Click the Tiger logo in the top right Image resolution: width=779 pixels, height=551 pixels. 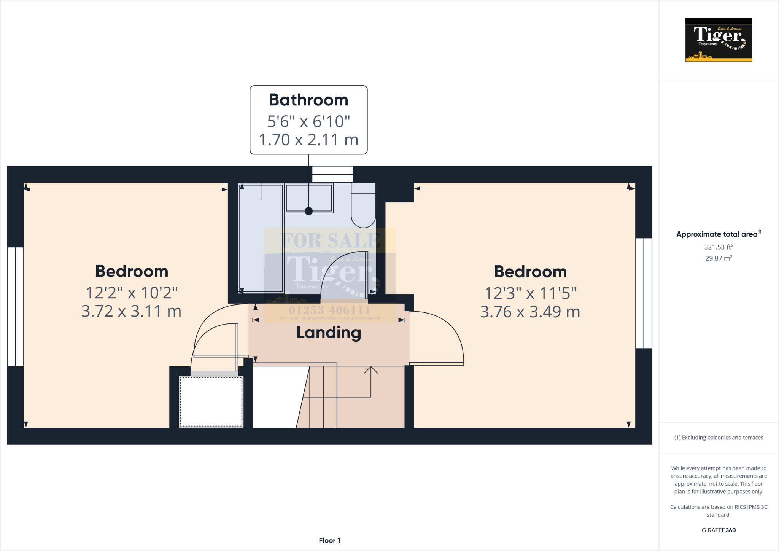click(x=719, y=40)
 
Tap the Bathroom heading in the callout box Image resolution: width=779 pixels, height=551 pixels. click(x=308, y=100)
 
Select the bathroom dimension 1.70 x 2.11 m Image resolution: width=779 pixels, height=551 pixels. click(x=308, y=140)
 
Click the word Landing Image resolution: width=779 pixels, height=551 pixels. click(x=329, y=333)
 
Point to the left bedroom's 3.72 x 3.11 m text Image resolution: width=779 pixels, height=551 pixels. click(x=131, y=311)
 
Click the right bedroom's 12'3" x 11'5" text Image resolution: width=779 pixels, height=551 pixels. click(x=530, y=293)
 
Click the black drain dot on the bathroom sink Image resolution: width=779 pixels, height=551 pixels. click(x=309, y=211)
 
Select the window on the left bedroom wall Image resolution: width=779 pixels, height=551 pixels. click(x=16, y=306)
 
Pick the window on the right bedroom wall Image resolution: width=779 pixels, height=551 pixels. click(x=644, y=293)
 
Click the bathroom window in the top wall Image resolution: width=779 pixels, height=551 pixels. click(x=332, y=175)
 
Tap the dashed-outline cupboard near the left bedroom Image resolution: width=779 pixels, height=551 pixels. click(x=211, y=401)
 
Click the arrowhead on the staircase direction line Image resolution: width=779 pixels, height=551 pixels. click(x=371, y=369)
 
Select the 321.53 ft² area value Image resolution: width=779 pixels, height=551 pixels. click(x=718, y=247)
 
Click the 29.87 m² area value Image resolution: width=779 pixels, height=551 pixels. click(x=718, y=258)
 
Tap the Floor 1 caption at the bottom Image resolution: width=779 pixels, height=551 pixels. click(x=329, y=540)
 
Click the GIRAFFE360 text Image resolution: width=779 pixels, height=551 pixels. click(x=718, y=530)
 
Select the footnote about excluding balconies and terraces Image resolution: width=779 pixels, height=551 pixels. click(x=718, y=438)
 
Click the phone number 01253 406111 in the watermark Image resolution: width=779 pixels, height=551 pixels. click(x=329, y=310)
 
